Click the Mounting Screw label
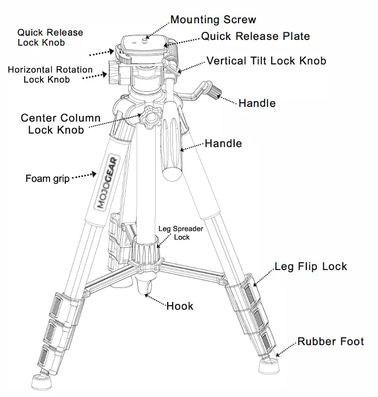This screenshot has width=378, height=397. pos(213,19)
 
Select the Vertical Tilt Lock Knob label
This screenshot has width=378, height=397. pos(266,61)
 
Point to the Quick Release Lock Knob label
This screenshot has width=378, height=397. pos(50,38)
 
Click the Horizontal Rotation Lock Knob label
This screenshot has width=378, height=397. pos(50,74)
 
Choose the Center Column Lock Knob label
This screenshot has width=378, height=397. pos(60,124)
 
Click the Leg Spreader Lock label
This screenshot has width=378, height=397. pos(181,233)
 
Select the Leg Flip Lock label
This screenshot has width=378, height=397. pos(311,266)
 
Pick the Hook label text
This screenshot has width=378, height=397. pos(180,306)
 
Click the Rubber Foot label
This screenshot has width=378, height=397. pos(330,341)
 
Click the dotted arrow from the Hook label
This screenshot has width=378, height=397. pos(156,300)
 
